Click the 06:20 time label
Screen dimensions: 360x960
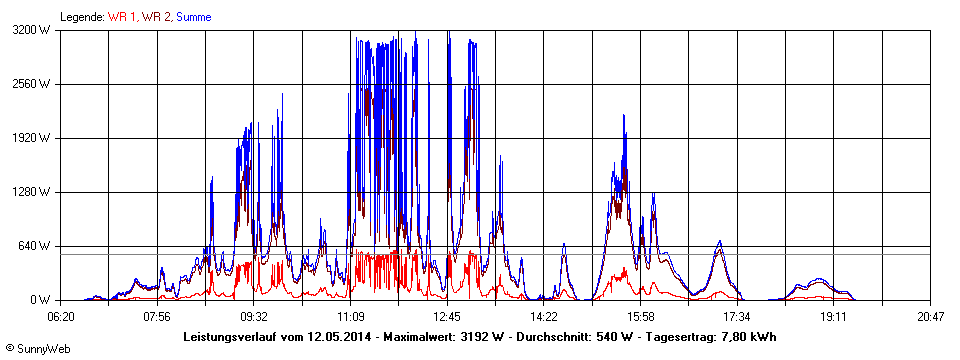[x=61, y=317]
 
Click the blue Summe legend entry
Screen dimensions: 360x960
[x=193, y=17]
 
